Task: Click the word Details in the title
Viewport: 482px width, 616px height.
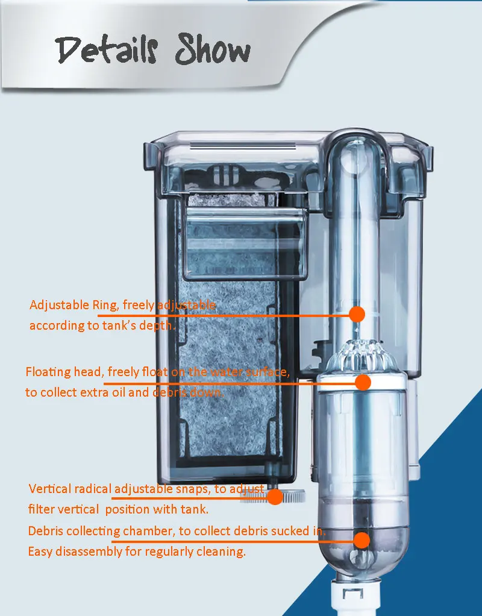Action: pos(109,51)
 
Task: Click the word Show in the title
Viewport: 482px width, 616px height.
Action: pos(213,51)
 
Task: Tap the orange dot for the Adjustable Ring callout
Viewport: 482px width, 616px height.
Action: pos(357,313)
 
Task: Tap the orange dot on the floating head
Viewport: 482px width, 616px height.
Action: pos(363,382)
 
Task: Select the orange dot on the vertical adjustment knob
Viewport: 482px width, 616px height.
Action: pos(275,497)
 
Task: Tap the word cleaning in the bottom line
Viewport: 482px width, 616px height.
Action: pos(224,552)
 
